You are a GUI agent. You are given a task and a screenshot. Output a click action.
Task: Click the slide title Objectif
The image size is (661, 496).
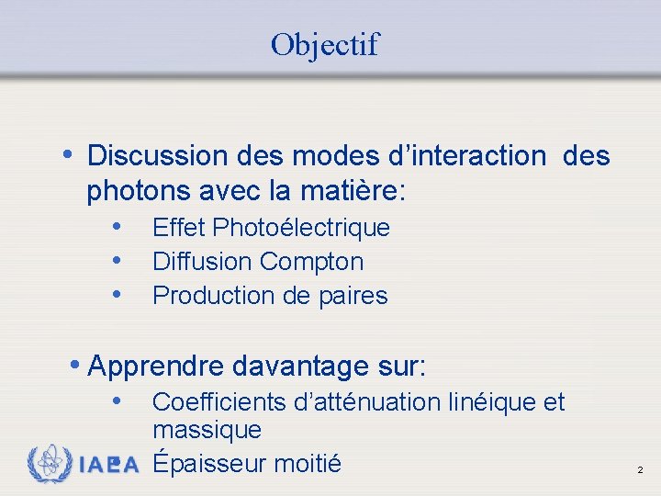pyautogui.click(x=324, y=44)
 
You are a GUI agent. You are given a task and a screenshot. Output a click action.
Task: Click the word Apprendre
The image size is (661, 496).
pyautogui.click(x=157, y=366)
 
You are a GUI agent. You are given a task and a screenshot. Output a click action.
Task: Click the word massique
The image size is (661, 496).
pyautogui.click(x=207, y=429)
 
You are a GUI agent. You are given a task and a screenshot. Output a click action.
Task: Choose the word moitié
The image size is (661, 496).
pyautogui.click(x=308, y=464)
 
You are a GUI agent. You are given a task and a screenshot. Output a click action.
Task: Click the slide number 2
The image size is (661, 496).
pyautogui.click(x=640, y=470)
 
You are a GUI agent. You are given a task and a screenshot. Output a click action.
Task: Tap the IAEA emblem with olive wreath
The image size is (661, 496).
pyautogui.click(x=50, y=464)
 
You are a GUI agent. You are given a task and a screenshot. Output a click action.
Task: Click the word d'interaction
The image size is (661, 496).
pyautogui.click(x=476, y=156)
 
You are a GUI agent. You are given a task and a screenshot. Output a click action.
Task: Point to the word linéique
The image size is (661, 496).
pyautogui.click(x=494, y=402)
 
